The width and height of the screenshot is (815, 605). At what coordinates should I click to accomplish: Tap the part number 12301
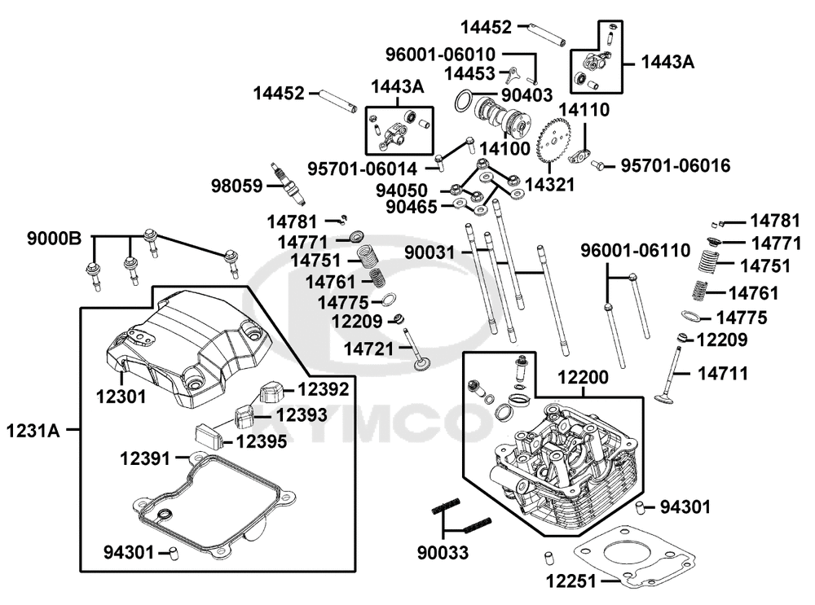pos(121,397)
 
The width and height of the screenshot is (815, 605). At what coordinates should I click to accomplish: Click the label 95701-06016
pos(676,166)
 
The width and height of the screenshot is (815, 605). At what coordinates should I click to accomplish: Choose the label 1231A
pos(33,428)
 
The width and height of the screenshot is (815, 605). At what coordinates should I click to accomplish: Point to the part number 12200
pos(584,377)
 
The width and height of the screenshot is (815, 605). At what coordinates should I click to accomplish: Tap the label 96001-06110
pos(635,249)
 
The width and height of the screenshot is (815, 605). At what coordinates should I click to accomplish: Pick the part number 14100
pos(504,150)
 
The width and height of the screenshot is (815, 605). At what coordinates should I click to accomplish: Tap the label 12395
pos(262,441)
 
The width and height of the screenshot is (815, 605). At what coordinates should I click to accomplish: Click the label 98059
pos(235,186)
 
